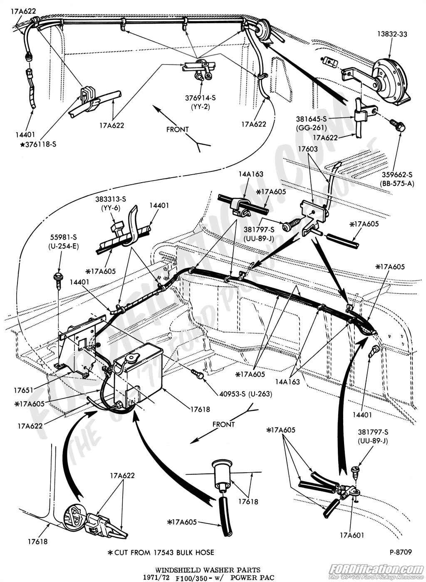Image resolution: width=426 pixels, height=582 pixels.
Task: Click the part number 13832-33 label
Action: (x=392, y=34)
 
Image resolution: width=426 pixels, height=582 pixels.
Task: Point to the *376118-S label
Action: (x=38, y=144)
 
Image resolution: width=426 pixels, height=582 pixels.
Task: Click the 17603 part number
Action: (x=307, y=149)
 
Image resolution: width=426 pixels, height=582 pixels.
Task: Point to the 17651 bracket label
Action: (x=23, y=391)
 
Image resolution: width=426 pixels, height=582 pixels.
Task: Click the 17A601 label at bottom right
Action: (x=351, y=535)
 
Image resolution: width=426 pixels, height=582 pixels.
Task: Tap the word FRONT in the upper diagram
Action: (x=177, y=129)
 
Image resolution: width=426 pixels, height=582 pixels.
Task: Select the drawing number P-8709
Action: (x=401, y=552)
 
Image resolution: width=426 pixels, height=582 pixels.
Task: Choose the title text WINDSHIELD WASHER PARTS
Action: (x=208, y=570)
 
